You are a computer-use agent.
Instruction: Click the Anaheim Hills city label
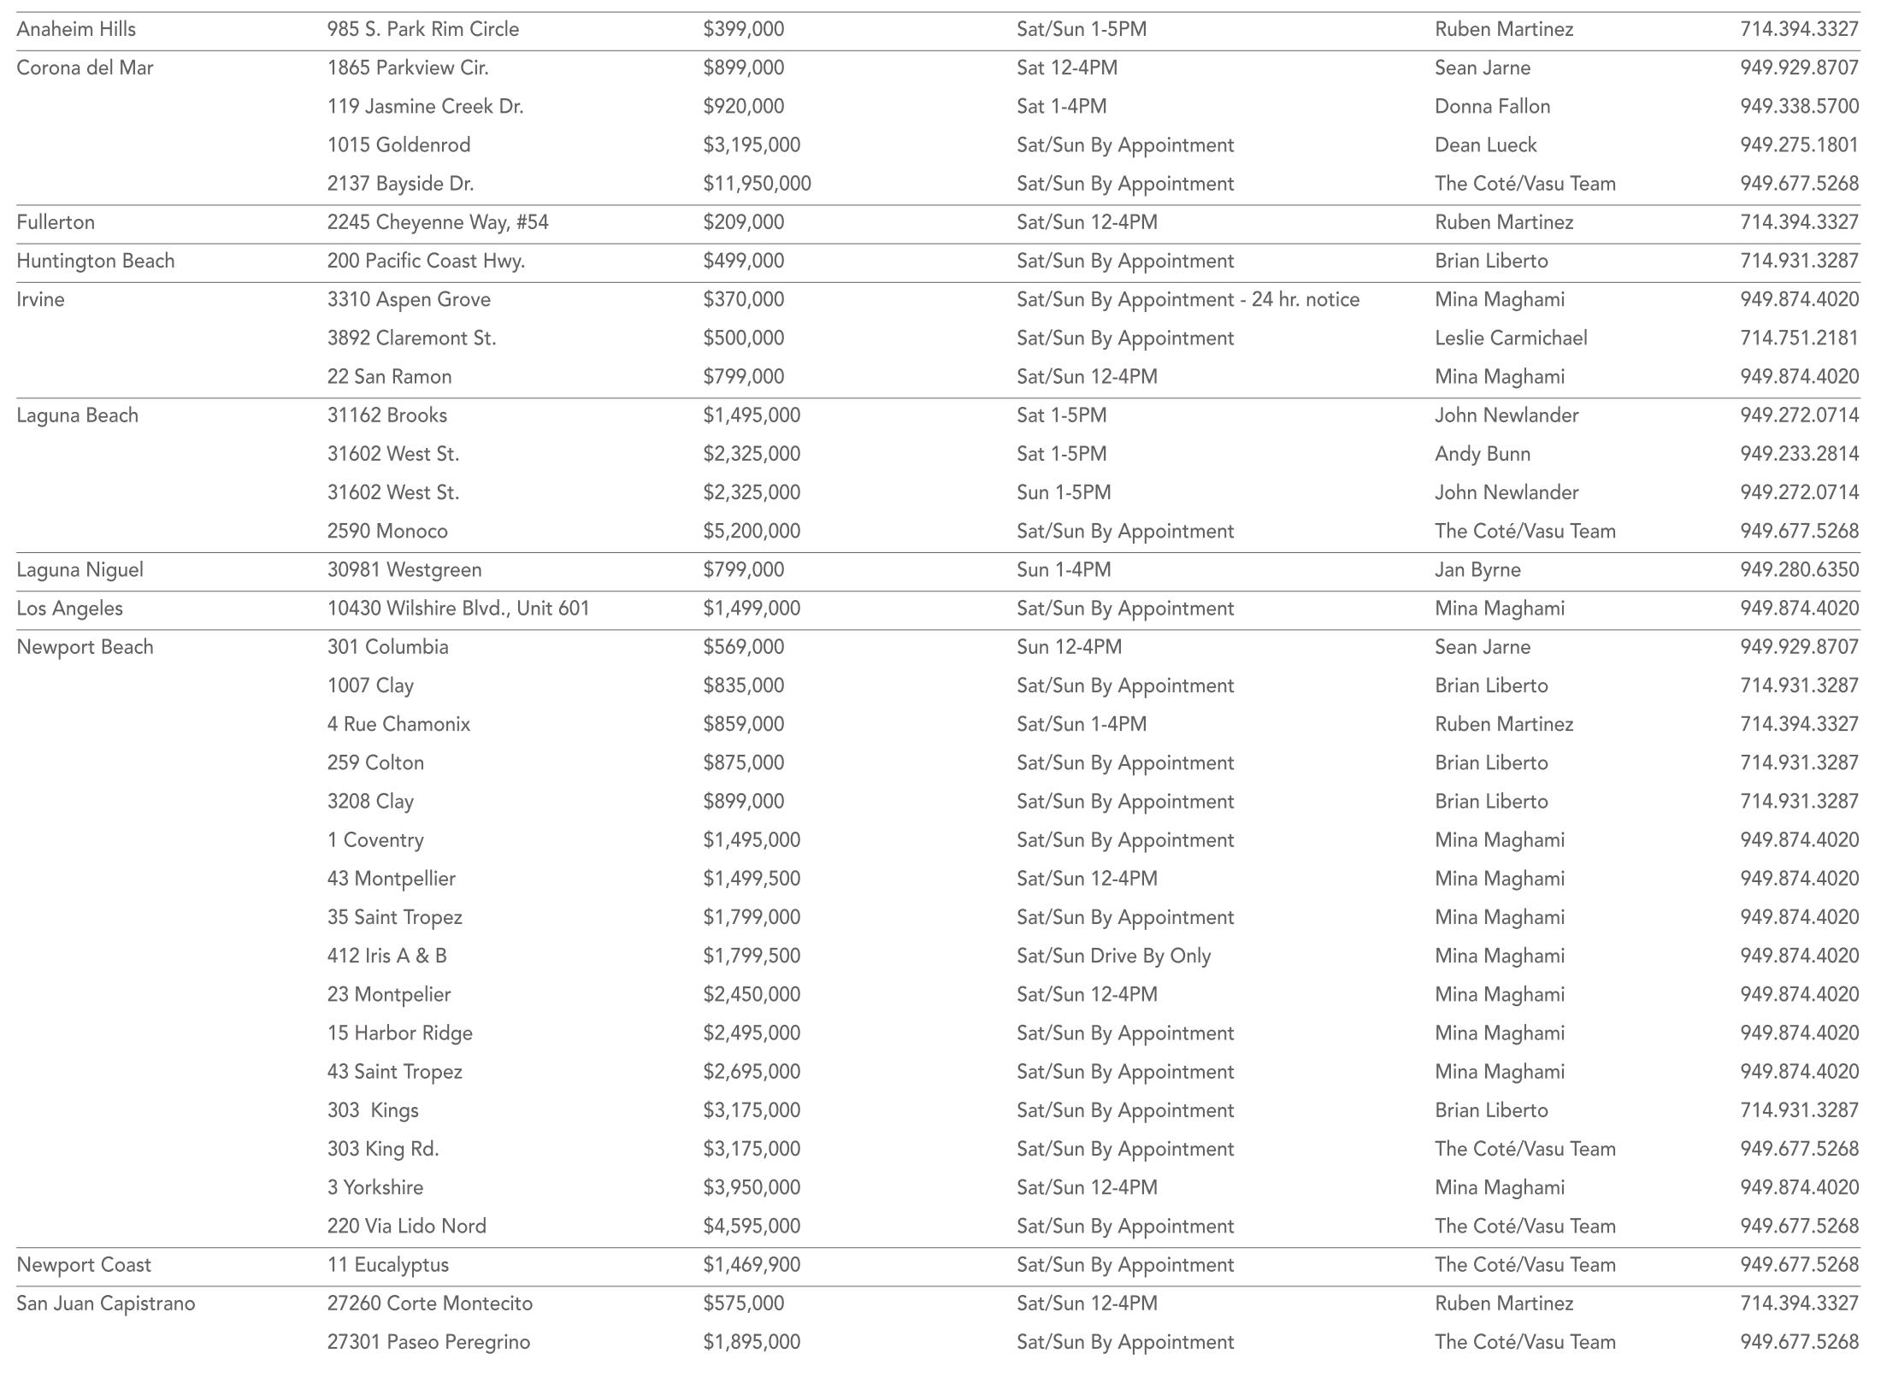click(x=76, y=29)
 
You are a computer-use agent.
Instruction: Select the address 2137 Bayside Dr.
click(x=400, y=184)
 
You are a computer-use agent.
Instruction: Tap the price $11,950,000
click(x=757, y=184)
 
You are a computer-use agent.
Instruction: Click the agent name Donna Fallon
click(x=1492, y=106)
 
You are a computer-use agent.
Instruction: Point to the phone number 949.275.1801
click(x=1799, y=145)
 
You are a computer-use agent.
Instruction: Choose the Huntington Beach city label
click(x=96, y=261)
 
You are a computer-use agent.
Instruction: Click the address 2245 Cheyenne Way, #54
click(x=438, y=222)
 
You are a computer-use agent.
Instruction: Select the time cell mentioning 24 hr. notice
click(x=1188, y=299)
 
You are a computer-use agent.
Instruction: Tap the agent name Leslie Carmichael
click(x=1511, y=338)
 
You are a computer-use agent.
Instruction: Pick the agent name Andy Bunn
click(x=1483, y=454)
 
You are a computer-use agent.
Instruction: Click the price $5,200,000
click(x=752, y=531)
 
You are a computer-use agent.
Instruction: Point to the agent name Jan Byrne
click(x=1477, y=569)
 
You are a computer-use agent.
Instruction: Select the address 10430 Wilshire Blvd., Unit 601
click(x=458, y=609)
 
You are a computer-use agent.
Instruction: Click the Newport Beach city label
click(x=85, y=647)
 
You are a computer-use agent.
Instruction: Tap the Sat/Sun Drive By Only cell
click(x=1113, y=956)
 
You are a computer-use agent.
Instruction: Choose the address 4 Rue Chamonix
click(x=398, y=724)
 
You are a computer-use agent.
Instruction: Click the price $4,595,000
click(x=752, y=1226)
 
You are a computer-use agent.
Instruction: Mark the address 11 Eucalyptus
click(x=387, y=1264)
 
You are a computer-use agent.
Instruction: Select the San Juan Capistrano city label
click(x=106, y=1303)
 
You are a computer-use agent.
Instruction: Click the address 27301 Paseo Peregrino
click(x=428, y=1342)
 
